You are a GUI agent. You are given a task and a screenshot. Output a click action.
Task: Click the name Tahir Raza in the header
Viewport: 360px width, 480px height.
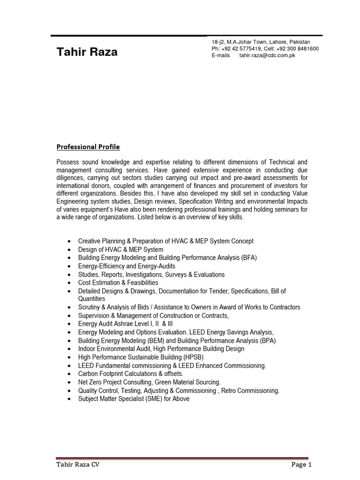[87, 52]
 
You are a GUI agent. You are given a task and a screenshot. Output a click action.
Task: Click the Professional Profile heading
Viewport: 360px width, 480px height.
[88, 147]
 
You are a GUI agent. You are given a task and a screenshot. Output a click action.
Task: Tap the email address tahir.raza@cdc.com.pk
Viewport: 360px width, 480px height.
[267, 55]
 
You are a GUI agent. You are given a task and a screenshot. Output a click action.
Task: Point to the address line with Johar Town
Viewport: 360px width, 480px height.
[261, 42]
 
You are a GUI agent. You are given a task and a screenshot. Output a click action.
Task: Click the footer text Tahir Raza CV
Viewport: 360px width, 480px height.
[78, 465]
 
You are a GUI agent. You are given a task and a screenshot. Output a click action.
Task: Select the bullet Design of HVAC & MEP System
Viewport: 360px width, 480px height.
[120, 249]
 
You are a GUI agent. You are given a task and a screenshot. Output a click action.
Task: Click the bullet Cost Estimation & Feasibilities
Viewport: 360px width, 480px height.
[118, 283]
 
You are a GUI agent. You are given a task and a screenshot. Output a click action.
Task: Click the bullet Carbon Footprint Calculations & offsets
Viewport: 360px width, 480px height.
[130, 374]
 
